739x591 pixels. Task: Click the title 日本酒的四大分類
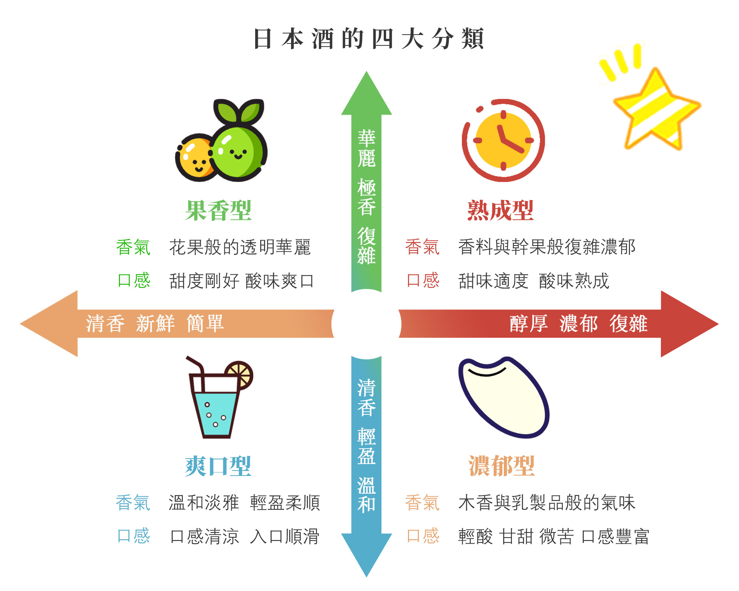point(368,38)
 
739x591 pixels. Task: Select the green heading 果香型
point(218,210)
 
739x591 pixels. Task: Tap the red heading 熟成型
point(500,210)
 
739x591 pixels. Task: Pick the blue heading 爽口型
point(218,466)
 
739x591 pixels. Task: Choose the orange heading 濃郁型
point(502,466)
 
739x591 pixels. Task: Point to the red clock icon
point(503,140)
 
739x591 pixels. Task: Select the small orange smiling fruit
point(194,158)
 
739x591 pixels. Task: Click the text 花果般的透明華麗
point(240,247)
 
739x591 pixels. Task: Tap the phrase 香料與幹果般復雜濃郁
point(547,247)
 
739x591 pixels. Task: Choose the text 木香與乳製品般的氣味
point(547,503)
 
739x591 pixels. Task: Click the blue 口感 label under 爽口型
point(133,536)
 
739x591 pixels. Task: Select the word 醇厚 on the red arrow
point(528,324)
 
